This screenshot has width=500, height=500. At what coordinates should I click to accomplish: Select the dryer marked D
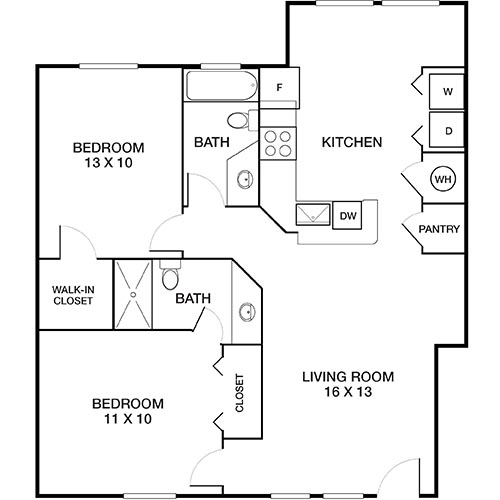[x=447, y=130]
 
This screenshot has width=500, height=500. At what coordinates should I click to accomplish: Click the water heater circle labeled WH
[x=441, y=179]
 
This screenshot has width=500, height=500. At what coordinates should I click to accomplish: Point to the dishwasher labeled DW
[x=348, y=215]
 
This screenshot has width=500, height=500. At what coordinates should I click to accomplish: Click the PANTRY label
[x=439, y=229]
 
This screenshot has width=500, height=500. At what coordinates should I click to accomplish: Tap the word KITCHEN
[x=351, y=143]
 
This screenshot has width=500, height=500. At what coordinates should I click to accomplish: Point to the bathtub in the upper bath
[x=220, y=87]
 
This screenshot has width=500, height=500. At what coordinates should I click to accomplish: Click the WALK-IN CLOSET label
[x=73, y=295]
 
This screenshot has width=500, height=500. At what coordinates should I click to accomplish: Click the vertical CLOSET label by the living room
[x=239, y=392]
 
